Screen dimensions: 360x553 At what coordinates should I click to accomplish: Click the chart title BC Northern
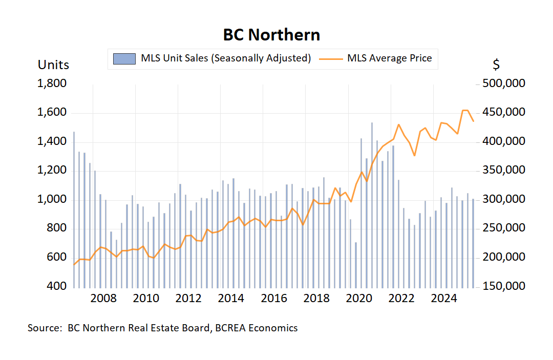pos(271,35)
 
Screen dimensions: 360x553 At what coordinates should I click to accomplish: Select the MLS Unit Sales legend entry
pos(226,58)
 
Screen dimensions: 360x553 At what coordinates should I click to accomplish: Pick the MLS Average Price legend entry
pos(389,58)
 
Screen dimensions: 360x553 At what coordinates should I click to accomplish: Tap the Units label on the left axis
pos(53,65)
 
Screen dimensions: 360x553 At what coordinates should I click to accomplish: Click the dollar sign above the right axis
pos(496,65)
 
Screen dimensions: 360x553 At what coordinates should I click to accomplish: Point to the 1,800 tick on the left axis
pos(52,83)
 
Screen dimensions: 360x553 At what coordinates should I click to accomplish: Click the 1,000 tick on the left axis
pos(52,199)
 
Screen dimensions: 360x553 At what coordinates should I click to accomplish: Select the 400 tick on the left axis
pos(57,286)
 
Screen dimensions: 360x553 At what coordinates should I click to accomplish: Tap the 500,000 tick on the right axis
pos(504,83)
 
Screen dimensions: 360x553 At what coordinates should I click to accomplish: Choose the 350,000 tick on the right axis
pos(504,170)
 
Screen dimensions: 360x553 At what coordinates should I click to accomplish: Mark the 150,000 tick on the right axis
pos(504,286)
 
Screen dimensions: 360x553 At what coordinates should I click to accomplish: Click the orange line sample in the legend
pos(330,58)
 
